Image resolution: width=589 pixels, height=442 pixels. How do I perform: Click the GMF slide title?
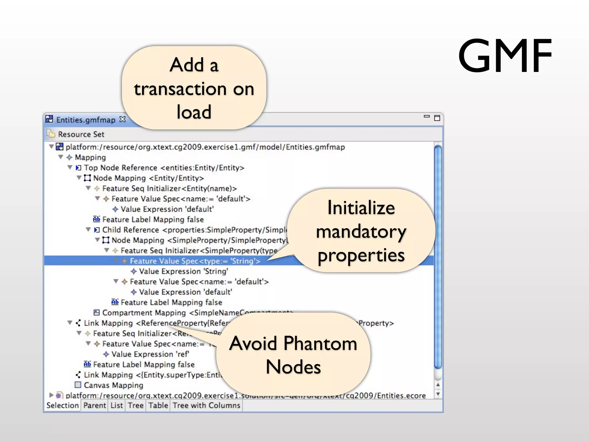coord(505,56)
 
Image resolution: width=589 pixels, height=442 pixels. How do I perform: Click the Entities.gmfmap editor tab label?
coord(85,120)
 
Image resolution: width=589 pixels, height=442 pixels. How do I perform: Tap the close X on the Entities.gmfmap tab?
coord(123,119)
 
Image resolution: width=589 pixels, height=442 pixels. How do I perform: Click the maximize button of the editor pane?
coord(437,118)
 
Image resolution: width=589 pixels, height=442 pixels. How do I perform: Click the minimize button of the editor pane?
coord(427,117)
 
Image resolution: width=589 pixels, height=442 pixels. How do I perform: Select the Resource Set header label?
coord(81,134)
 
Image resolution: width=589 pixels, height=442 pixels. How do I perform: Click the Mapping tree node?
coord(90,157)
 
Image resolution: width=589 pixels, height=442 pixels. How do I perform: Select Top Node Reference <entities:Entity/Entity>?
coord(164,168)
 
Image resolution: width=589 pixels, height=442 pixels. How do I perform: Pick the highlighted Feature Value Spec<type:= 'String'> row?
coord(195,261)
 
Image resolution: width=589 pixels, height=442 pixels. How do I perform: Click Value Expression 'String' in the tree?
coord(183,271)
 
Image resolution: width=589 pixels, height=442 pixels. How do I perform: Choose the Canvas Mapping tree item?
coord(113,385)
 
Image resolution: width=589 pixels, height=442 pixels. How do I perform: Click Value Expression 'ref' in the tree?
coord(150,354)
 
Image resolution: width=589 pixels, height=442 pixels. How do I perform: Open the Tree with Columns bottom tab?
coord(206,405)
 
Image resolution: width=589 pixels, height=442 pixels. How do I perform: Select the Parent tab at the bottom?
coord(95,405)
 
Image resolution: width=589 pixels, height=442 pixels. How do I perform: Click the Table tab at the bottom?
coord(158,405)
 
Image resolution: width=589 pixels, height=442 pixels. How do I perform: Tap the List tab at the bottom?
coord(116,405)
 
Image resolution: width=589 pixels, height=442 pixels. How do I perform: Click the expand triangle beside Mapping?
coord(61,157)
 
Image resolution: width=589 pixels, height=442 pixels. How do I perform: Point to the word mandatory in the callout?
coord(361,232)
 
